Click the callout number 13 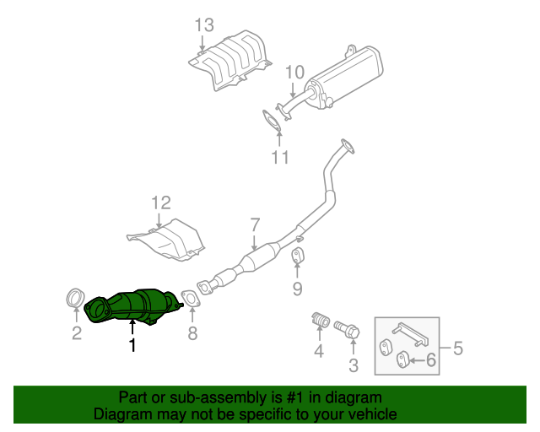(204, 25)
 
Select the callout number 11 (279, 156)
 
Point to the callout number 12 (160, 202)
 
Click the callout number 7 (254, 224)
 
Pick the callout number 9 (297, 289)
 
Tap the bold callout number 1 (132, 345)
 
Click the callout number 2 (76, 334)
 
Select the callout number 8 (192, 334)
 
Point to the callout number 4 (319, 351)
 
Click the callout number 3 (353, 365)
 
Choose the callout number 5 (458, 346)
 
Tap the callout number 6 (429, 360)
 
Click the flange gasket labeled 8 (192, 300)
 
